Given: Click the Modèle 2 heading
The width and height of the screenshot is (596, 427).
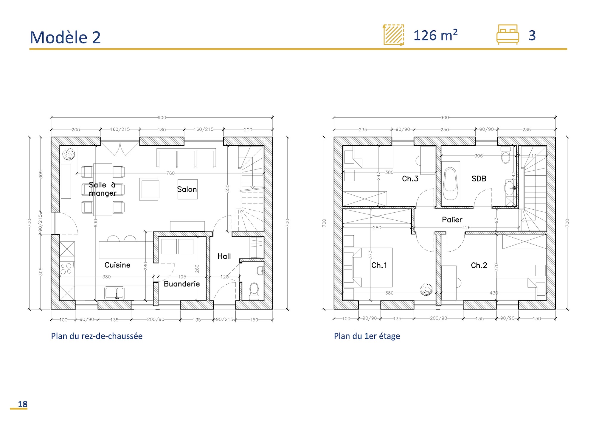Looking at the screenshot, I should pos(65,38).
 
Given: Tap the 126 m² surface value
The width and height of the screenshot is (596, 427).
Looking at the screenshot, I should pos(435,36).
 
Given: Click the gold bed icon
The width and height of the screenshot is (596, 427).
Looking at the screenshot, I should pos(507,35).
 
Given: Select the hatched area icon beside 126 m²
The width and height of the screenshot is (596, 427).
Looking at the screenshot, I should pos(394,35).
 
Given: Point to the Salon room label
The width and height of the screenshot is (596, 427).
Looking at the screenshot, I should pos(187,189).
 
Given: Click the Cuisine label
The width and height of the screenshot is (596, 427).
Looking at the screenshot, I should pos(117,265).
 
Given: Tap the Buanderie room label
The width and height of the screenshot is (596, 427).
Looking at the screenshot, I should pos(182,284).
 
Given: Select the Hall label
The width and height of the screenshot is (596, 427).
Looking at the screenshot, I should pos(224,256).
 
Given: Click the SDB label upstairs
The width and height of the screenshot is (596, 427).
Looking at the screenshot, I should pos(479,179).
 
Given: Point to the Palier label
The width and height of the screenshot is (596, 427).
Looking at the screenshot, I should pos(452,220).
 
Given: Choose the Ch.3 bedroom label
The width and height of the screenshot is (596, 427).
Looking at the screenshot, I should pos(410,179).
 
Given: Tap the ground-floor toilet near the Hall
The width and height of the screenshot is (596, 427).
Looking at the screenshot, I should pos(254,290).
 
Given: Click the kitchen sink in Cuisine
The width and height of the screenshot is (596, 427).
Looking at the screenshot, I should pos(114,293).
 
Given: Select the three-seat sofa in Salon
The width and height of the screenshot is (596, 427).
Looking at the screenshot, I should pos(186,158).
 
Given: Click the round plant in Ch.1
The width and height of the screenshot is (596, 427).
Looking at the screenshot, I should pos(426,289).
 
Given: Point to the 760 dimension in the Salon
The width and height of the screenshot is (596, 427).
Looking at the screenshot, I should pos(170,173).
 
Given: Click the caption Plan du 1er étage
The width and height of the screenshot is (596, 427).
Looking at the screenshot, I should pos(367,336).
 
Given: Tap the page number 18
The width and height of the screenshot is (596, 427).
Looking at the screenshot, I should pos(22,404).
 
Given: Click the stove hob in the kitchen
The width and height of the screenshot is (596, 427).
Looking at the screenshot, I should pos(67,268).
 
